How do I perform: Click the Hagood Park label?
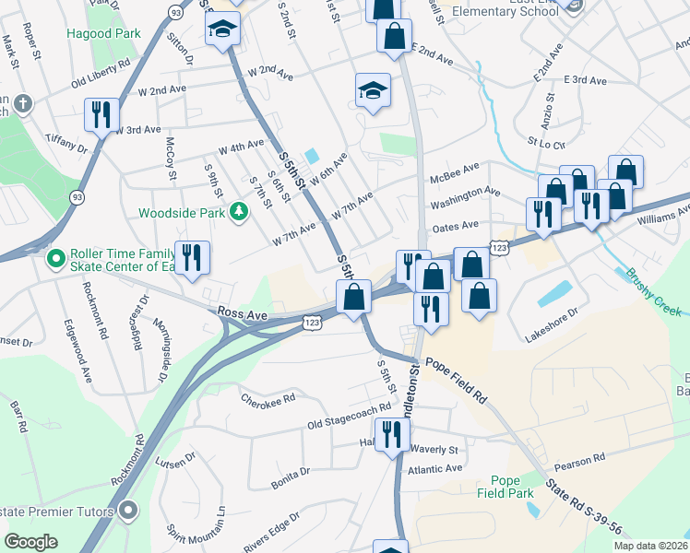103,34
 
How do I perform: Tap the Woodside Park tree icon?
240,212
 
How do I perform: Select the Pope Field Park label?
513,487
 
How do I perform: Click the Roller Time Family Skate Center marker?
55,255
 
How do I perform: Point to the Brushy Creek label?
656,290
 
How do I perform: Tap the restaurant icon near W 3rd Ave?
101,113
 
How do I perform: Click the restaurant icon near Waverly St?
391,434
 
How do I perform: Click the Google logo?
30,542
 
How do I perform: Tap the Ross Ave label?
243,314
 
